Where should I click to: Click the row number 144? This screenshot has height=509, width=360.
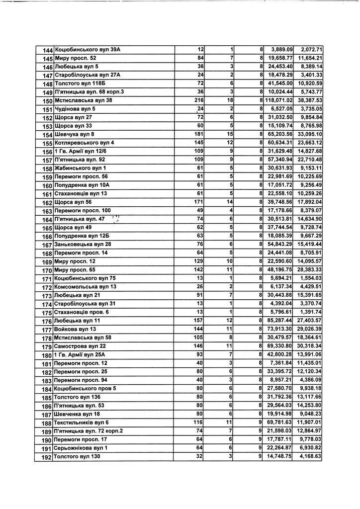48,50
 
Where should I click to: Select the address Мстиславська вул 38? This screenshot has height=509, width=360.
83,100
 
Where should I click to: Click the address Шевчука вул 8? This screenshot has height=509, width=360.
75,135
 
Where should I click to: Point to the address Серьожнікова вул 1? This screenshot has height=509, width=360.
81,448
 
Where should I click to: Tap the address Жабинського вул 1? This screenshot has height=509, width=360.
77,169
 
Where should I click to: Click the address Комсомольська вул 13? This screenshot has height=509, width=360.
85,287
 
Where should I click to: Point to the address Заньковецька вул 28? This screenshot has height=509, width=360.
83,245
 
